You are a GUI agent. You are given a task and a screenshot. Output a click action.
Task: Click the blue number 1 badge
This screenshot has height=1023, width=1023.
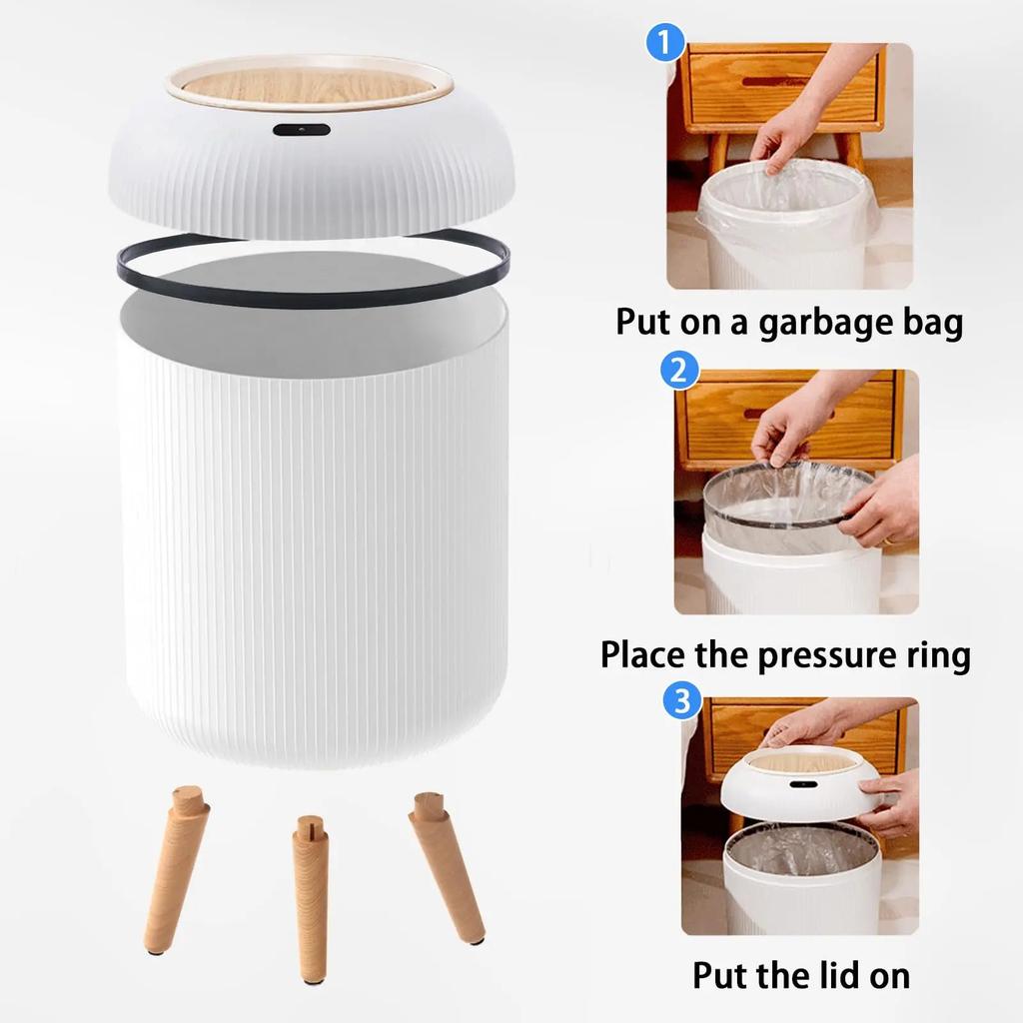pyautogui.click(x=666, y=44)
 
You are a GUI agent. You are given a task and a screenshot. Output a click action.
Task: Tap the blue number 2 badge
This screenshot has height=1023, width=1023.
pyautogui.click(x=679, y=372)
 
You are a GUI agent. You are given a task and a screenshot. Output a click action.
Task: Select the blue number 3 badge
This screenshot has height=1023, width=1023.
pyautogui.click(x=681, y=700)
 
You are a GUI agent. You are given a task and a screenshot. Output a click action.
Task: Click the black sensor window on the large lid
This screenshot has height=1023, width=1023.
pyautogui.click(x=301, y=130)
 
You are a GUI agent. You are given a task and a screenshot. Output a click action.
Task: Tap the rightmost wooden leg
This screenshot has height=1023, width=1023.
pyautogui.click(x=446, y=864)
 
